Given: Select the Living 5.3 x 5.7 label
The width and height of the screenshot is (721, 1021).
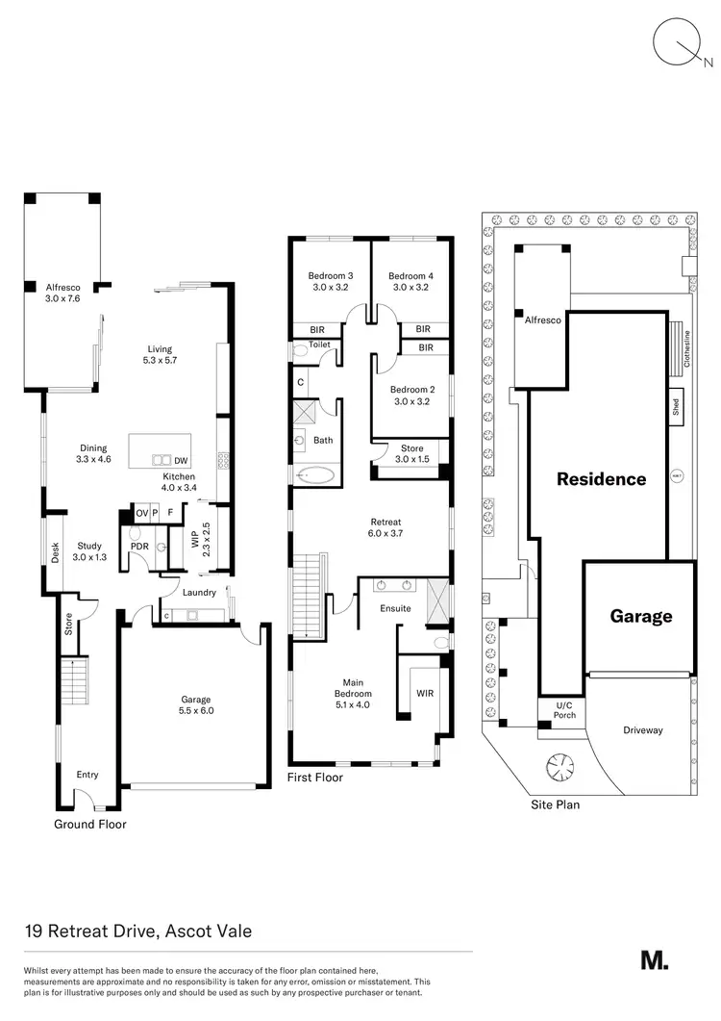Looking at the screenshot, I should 162,354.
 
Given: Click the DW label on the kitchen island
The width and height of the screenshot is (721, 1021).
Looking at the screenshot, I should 181,461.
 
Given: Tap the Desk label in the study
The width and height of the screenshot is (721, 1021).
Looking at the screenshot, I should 54,553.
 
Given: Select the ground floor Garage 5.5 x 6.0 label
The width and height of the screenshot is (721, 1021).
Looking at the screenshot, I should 195,705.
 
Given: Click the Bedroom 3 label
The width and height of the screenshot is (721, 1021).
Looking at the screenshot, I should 329,281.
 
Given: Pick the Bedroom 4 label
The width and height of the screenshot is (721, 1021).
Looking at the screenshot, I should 410,281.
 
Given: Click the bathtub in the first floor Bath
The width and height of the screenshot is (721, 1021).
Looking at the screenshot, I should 314,474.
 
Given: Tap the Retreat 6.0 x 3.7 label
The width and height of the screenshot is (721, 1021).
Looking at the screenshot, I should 384,527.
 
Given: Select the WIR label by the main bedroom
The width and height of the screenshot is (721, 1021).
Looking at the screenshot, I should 424,692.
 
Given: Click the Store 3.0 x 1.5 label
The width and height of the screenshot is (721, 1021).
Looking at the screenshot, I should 411,452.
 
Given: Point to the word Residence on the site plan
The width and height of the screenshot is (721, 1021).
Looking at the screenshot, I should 602,478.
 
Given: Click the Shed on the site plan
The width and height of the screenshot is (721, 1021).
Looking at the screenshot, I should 676,404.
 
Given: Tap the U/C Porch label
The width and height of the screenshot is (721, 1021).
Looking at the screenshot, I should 564,710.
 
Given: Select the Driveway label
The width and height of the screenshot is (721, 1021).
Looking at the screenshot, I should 643,730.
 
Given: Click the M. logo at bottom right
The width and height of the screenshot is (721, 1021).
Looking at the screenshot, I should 654,959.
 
